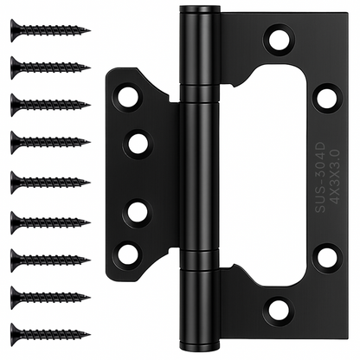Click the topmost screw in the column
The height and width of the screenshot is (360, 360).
coord(50,30)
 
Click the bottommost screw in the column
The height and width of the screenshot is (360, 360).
coord(50,335)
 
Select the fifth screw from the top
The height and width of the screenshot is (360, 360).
coord(50,183)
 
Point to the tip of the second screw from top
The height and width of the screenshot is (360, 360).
coord(90,68)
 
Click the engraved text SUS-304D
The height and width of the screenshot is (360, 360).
coord(319,177)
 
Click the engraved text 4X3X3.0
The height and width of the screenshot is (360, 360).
coord(335,177)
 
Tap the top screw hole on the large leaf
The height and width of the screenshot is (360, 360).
coord(279,39)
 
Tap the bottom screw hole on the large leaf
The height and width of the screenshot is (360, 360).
coord(279,312)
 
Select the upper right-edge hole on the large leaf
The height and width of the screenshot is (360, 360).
coord(325,98)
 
